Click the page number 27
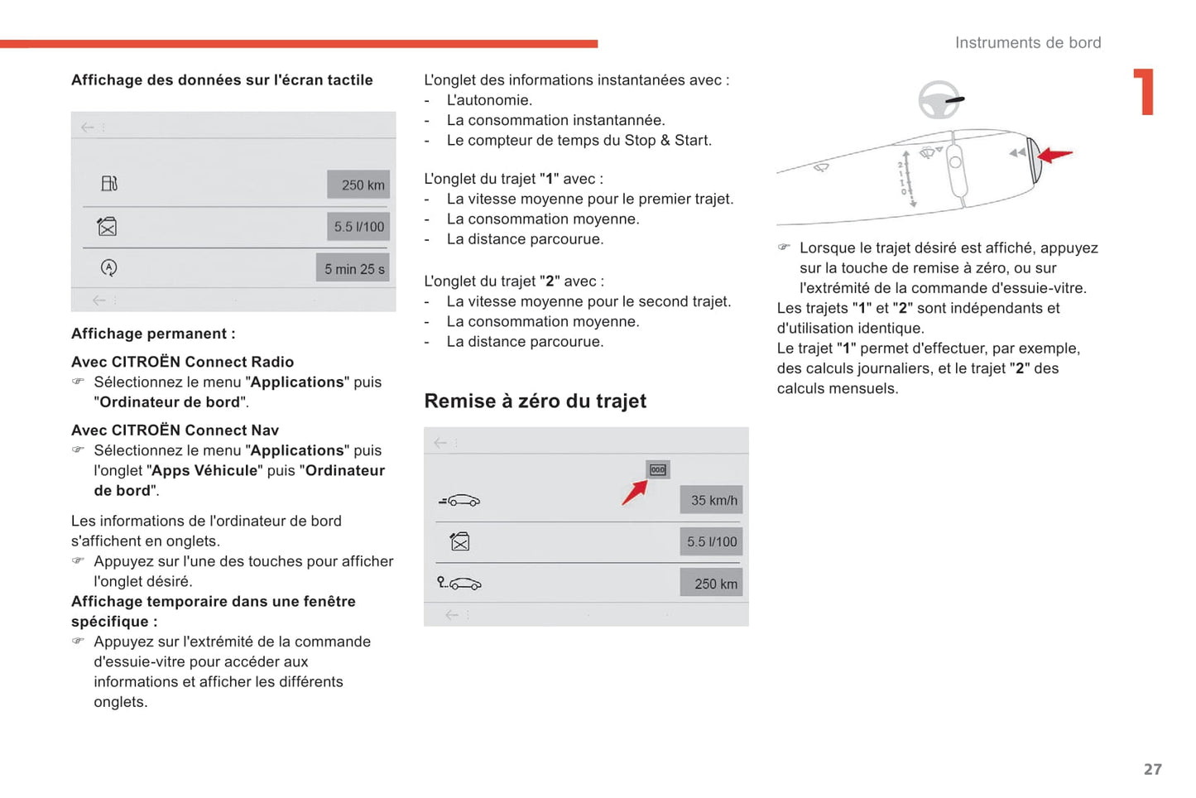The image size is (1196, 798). pos(1152,769)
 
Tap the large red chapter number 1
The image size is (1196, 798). pos(1144,92)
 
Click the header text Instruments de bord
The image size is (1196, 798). pos(1027,43)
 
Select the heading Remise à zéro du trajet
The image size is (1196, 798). pos(535,401)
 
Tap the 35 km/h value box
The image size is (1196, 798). pos(712,501)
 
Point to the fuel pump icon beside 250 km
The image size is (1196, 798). pos(109,184)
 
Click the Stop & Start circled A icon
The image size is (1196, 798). pos(108,268)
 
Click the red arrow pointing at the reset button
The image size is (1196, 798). pos(634,493)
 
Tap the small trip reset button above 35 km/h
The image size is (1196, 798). pos(658,470)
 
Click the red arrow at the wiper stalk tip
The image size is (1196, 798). pos(1056,155)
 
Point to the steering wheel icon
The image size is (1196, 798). pos(940,100)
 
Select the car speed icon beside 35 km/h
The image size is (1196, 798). pos(459,501)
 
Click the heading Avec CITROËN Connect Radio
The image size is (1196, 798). pos(182,362)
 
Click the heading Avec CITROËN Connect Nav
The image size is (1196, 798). pos(175,430)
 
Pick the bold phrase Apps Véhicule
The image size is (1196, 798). pos(204,471)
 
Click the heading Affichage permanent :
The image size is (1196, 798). pos(153,334)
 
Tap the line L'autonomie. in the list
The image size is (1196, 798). pos(489,100)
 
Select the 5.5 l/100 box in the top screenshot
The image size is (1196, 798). pos(358,227)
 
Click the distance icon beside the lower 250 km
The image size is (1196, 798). pos(459,584)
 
